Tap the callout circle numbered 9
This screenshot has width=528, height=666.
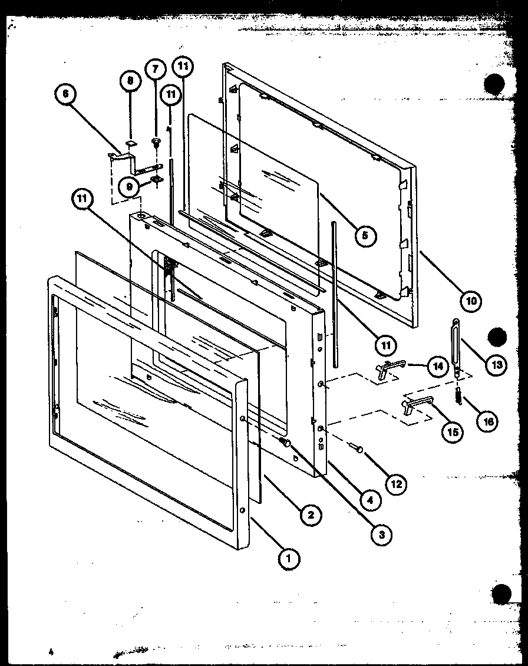pyautogui.click(x=128, y=187)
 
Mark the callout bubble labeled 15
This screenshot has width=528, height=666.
pyautogui.click(x=453, y=432)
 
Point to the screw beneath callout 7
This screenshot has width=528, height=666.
pyautogui.click(x=157, y=141)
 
